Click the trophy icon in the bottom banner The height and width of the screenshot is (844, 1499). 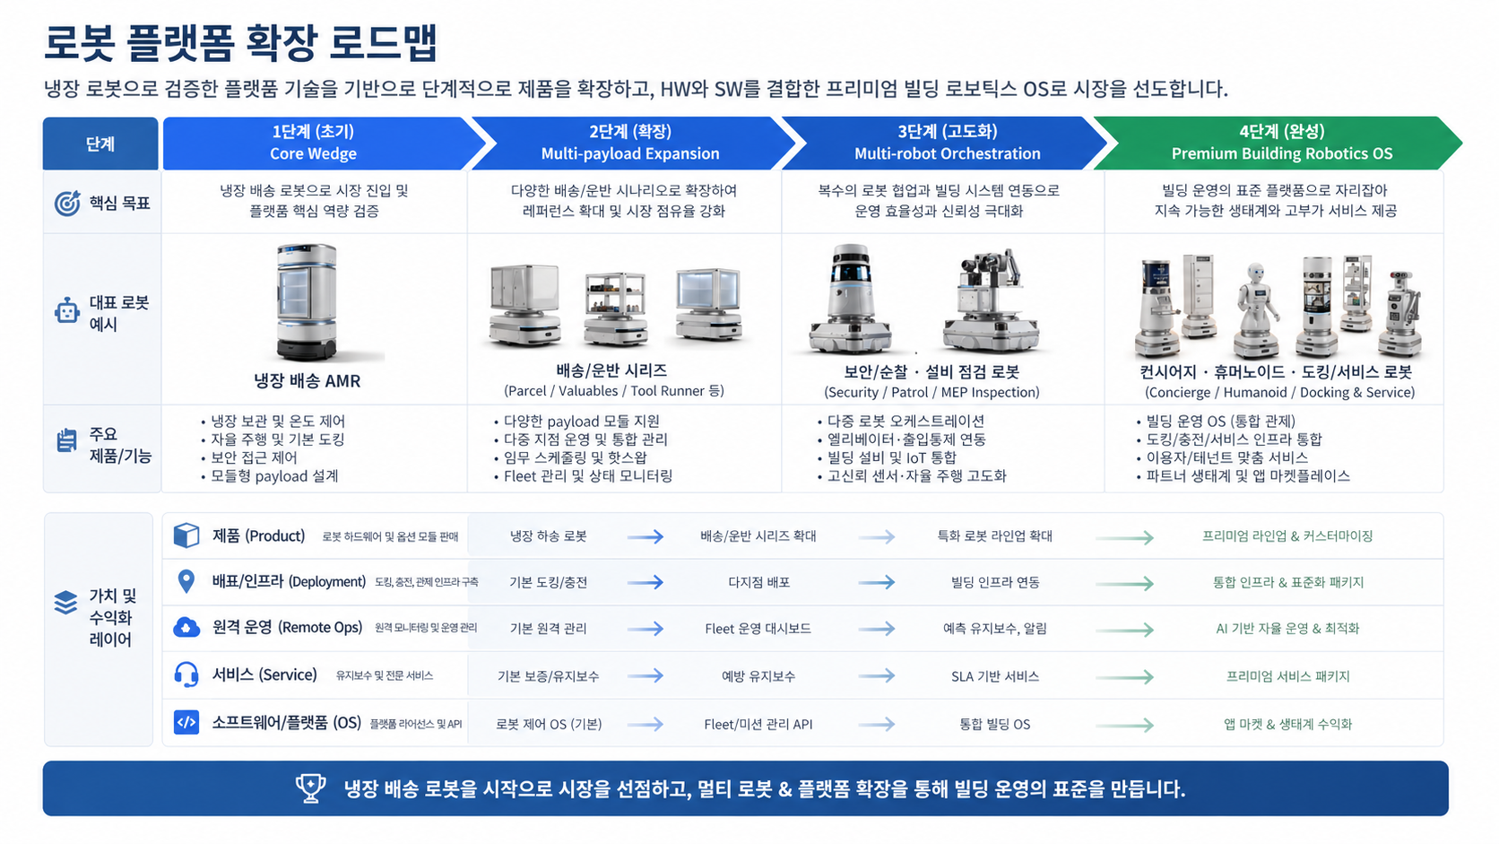310,788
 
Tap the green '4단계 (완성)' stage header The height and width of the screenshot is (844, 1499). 1281,143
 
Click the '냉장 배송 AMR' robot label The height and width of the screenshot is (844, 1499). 307,381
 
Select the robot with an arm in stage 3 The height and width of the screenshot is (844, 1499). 991,300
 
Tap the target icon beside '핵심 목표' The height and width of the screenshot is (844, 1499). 67,204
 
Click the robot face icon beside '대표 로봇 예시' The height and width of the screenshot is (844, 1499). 67,311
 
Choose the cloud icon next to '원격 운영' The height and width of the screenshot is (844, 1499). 186,628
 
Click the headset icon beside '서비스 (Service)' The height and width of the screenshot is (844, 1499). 186,674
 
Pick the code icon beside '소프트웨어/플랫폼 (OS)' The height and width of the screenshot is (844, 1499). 186,722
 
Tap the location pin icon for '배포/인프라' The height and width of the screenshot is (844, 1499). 186,581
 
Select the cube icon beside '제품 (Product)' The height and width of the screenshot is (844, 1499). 186,535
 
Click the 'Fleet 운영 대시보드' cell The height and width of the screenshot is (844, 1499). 758,629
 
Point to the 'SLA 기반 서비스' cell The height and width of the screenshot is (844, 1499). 994,676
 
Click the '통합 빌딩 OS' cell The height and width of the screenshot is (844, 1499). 994,724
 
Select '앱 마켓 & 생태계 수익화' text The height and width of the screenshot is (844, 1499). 1287,724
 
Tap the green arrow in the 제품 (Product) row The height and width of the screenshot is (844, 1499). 1124,537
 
